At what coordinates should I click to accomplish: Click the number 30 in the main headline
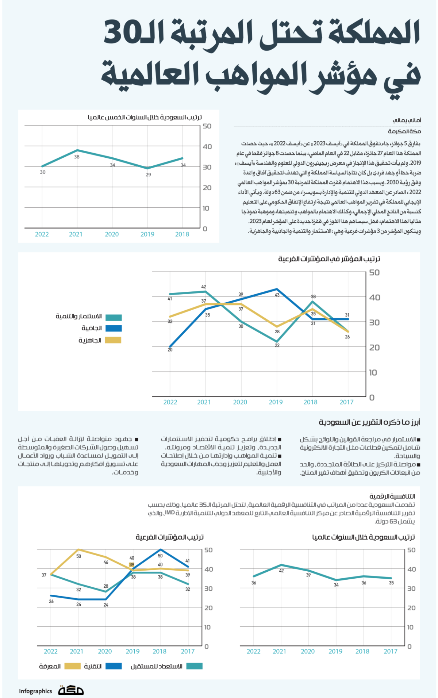[122, 33]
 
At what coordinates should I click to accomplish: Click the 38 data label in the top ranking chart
[77, 157]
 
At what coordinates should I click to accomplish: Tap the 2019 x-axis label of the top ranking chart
[147, 234]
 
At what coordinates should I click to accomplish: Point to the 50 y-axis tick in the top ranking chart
[207, 126]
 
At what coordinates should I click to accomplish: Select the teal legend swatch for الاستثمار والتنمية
[113, 317]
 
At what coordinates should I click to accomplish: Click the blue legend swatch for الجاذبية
[113, 328]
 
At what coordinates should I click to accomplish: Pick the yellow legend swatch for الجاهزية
[113, 340]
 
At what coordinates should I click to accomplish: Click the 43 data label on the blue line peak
[277, 295]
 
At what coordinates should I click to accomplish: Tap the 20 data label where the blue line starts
[170, 350]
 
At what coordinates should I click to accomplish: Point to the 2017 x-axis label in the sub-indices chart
[346, 402]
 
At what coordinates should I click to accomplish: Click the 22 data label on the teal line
[277, 345]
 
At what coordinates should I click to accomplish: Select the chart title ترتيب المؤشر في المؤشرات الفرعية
[329, 259]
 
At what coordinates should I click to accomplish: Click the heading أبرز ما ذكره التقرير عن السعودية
[369, 422]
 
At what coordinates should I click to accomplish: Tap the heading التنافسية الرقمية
[392, 496]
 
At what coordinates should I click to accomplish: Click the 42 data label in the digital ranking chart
[281, 571]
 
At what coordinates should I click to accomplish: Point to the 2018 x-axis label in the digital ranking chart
[362, 651]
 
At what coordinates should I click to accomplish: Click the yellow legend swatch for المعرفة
[72, 666]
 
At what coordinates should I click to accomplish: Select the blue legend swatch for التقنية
[114, 666]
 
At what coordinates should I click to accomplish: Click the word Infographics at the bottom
[35, 691]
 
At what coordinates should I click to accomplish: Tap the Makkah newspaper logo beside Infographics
[71, 690]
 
